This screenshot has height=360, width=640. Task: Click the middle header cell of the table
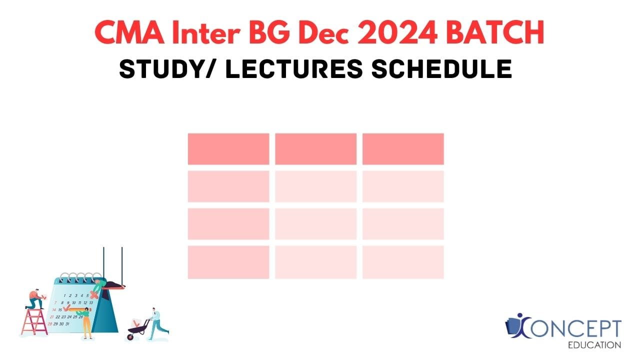315,149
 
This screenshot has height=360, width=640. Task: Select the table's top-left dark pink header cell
228,149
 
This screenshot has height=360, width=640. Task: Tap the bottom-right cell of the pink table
403,262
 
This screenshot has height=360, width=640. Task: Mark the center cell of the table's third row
315,224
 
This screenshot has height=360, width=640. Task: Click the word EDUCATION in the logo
595,345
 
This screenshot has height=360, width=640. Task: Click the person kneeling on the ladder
35,299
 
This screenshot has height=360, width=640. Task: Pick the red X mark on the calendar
92,295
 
